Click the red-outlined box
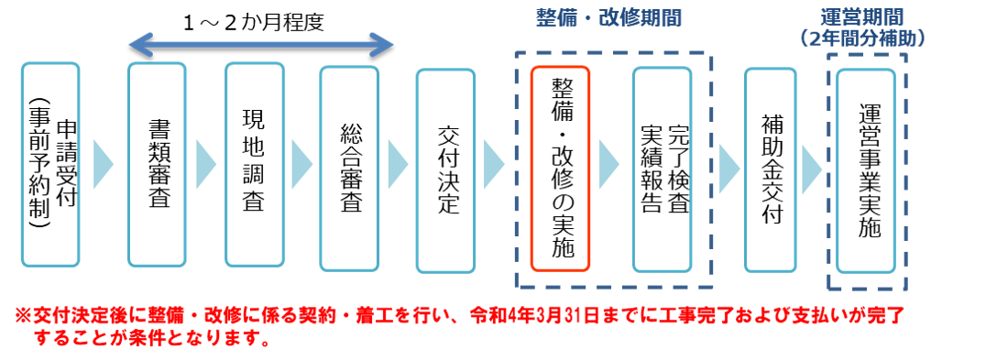point(560,169)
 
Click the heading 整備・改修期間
point(608,18)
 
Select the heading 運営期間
point(860,18)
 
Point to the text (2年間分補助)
point(860,38)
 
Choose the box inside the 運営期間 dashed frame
point(865,170)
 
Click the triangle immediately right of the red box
point(608,165)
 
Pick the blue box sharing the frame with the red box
point(662,169)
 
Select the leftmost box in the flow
point(50,165)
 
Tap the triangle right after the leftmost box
point(103,165)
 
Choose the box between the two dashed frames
point(770,169)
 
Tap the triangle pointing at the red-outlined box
point(494,165)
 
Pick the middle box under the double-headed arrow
point(254,165)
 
